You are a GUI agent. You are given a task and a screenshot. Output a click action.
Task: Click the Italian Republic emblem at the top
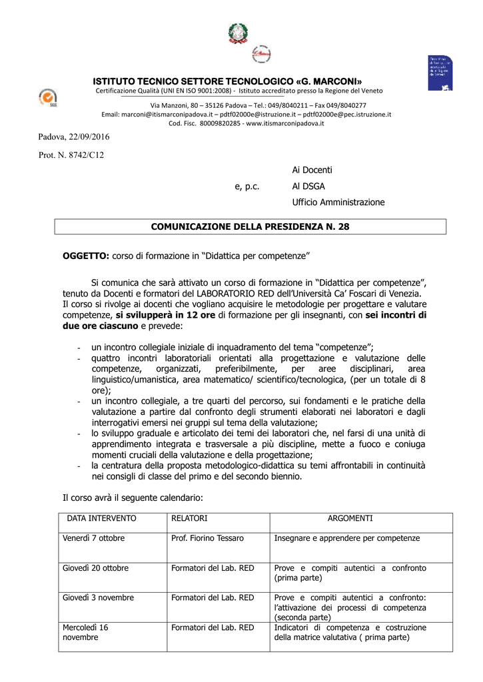click(x=237, y=33)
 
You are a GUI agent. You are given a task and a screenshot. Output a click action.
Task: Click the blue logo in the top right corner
click(x=442, y=73)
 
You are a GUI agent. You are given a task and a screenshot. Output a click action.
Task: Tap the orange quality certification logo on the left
click(x=48, y=98)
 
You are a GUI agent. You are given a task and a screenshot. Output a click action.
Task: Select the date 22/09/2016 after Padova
click(x=88, y=137)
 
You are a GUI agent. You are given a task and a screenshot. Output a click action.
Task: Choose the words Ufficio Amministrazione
click(x=338, y=202)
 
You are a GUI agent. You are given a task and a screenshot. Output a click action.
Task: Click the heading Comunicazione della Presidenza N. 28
click(x=250, y=227)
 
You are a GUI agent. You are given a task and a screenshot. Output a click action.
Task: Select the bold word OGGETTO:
click(x=86, y=256)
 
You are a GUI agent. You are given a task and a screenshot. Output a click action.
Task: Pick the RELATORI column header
click(x=189, y=518)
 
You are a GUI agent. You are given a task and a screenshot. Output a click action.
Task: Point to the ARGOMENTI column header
click(x=350, y=518)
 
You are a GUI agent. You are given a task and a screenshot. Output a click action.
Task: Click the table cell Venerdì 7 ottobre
click(x=94, y=538)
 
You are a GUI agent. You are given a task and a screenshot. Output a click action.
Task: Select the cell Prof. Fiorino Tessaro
click(x=207, y=538)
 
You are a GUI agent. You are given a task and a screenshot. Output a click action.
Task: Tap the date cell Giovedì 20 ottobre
click(x=96, y=568)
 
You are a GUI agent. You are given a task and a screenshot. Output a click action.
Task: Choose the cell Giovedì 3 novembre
click(x=99, y=597)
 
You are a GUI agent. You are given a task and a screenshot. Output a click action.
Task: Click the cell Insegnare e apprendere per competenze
click(x=347, y=538)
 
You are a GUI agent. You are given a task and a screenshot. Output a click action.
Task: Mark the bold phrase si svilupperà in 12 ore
click(x=165, y=315)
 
